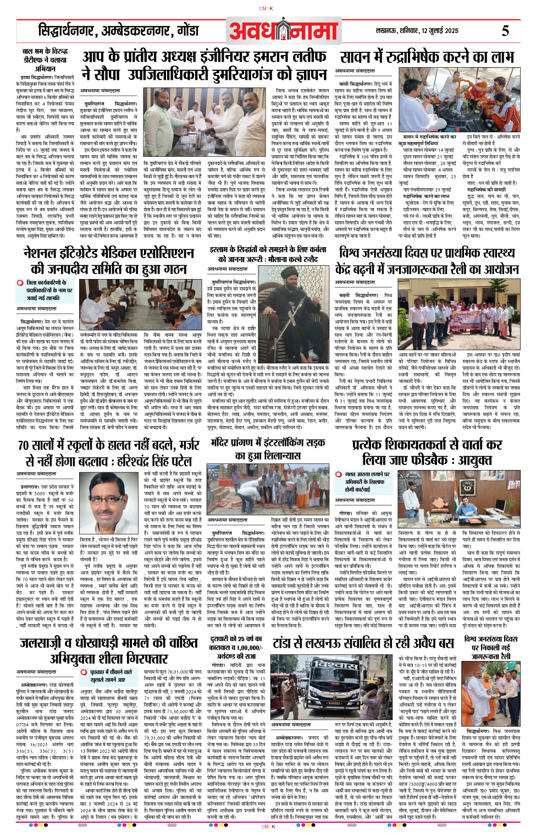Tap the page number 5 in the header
[505, 31]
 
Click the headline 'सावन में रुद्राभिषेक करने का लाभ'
[426, 57]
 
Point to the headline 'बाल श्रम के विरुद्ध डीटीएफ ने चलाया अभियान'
[46, 60]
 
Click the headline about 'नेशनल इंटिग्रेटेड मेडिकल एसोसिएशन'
[109, 261]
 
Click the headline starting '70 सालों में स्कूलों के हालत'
[109, 452]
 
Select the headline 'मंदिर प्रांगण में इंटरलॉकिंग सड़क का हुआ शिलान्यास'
[268, 449]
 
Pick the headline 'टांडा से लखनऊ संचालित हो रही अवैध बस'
[363, 643]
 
